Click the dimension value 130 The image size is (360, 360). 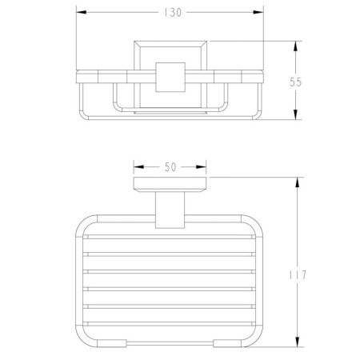[x=173, y=13]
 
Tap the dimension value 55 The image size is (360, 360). [x=295, y=82]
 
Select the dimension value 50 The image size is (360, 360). [x=170, y=167]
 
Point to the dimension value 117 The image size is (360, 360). [x=298, y=275]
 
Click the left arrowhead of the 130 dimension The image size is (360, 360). [x=82, y=12]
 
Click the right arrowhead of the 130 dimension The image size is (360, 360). [x=258, y=12]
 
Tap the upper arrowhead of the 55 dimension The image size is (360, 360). [x=295, y=46]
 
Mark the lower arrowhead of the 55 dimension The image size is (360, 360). [x=295, y=114]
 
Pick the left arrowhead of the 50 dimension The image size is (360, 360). [x=138, y=167]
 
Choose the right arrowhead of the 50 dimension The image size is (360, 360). [x=201, y=167]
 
